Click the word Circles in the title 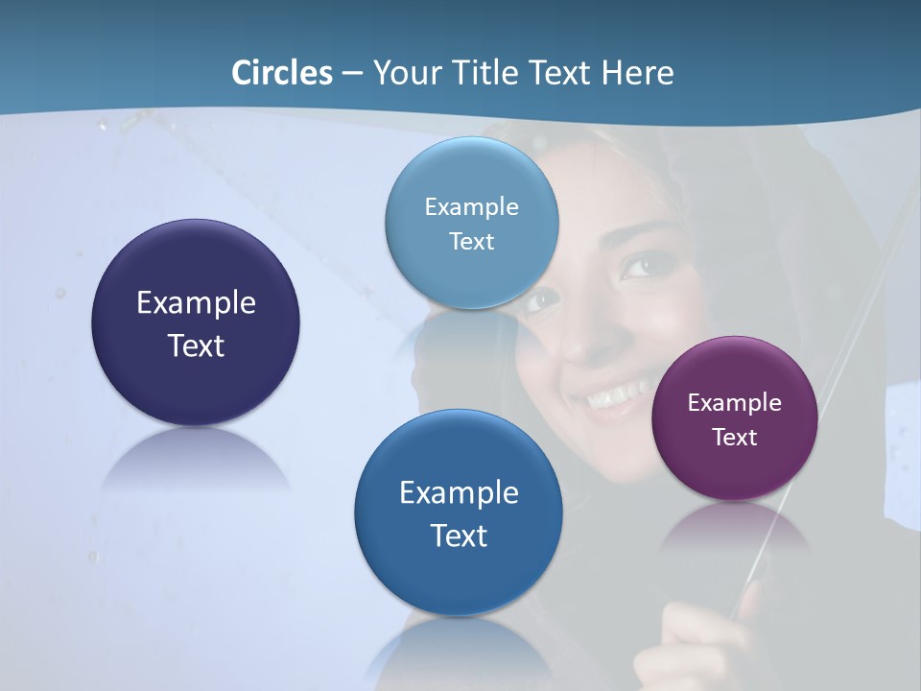(282, 73)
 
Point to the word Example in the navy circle (196, 303)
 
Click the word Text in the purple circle (735, 438)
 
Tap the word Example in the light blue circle (472, 207)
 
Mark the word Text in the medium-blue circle (459, 536)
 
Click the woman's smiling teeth (615, 394)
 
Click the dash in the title (352, 73)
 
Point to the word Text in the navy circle (196, 345)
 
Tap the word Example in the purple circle (735, 403)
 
